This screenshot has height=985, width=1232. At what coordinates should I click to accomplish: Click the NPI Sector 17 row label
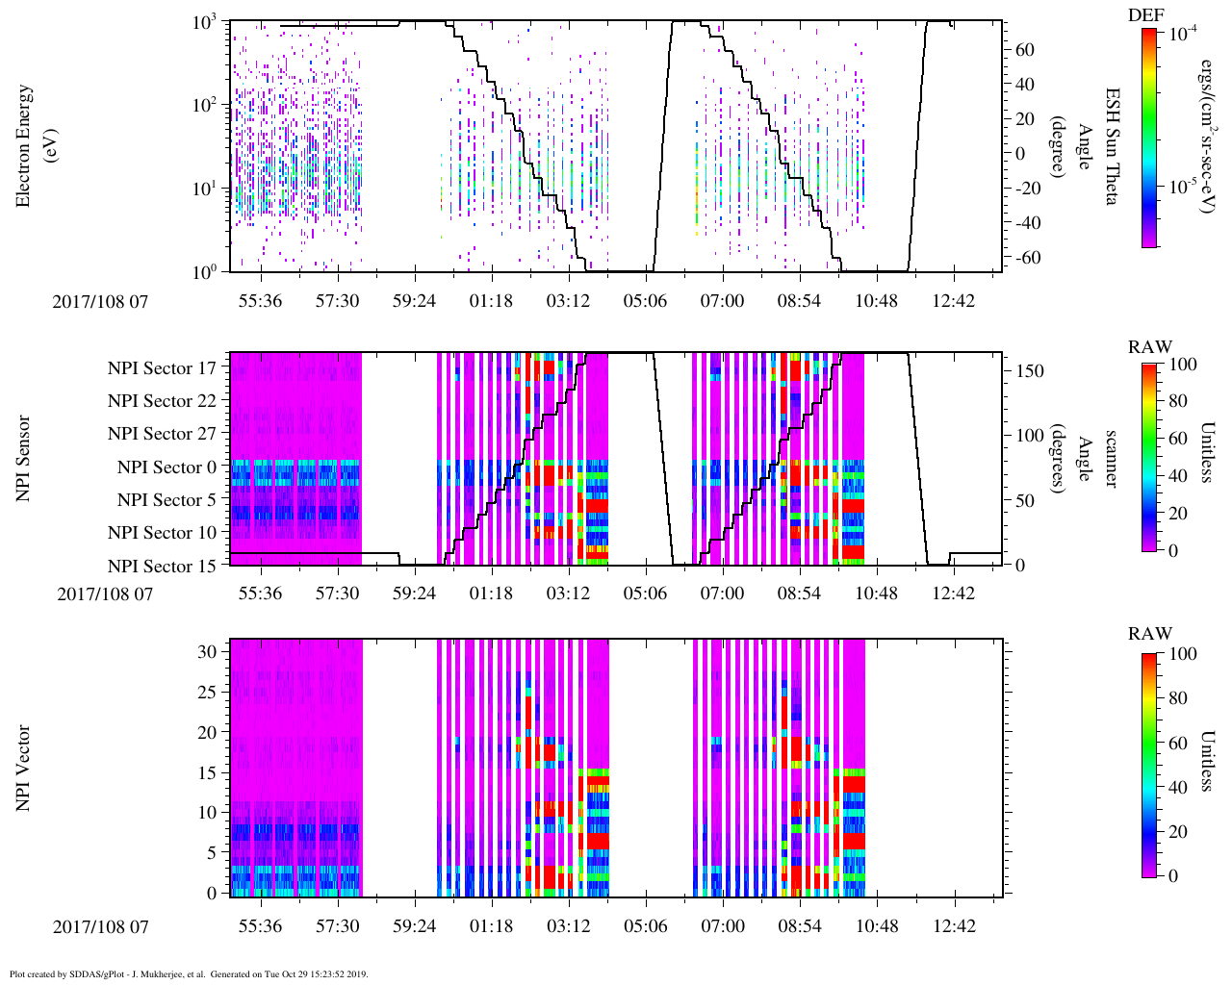click(162, 367)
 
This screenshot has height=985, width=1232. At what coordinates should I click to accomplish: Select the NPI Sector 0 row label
click(167, 467)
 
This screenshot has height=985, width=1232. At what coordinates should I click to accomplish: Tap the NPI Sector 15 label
click(162, 566)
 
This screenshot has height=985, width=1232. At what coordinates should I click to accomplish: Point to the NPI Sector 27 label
click(162, 434)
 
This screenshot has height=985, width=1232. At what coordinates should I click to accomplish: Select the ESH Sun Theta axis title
click(1112, 146)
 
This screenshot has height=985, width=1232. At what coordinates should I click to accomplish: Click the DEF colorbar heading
click(1145, 14)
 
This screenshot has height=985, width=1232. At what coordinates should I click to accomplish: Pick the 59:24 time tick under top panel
click(414, 301)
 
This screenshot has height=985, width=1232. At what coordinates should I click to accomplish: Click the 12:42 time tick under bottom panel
click(954, 926)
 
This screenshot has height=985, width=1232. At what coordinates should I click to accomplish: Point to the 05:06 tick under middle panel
click(645, 594)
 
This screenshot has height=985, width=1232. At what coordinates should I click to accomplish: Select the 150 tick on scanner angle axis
click(1030, 370)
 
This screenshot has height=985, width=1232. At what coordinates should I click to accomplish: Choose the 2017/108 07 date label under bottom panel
click(101, 927)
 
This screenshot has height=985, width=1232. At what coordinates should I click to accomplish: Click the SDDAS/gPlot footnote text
click(189, 974)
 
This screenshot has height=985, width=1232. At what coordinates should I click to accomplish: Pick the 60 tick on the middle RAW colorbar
click(1177, 439)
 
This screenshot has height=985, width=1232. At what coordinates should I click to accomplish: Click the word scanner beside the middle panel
click(1111, 459)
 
